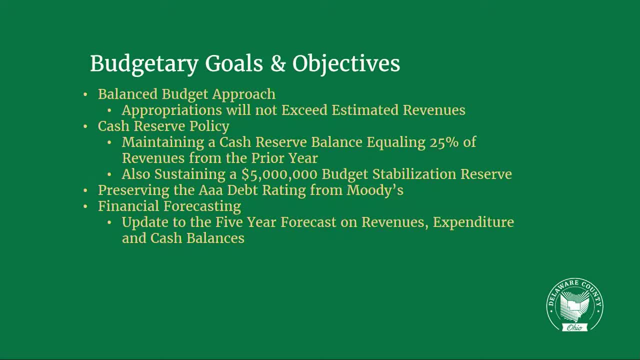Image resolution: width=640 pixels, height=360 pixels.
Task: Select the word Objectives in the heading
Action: coord(346,64)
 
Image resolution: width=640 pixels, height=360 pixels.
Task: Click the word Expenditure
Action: coord(473,222)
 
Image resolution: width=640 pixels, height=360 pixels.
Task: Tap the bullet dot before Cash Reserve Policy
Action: coord(85,126)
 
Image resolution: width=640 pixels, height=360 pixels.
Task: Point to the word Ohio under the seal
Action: coord(575,327)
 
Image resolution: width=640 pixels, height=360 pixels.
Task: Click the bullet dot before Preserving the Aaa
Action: coord(85,190)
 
